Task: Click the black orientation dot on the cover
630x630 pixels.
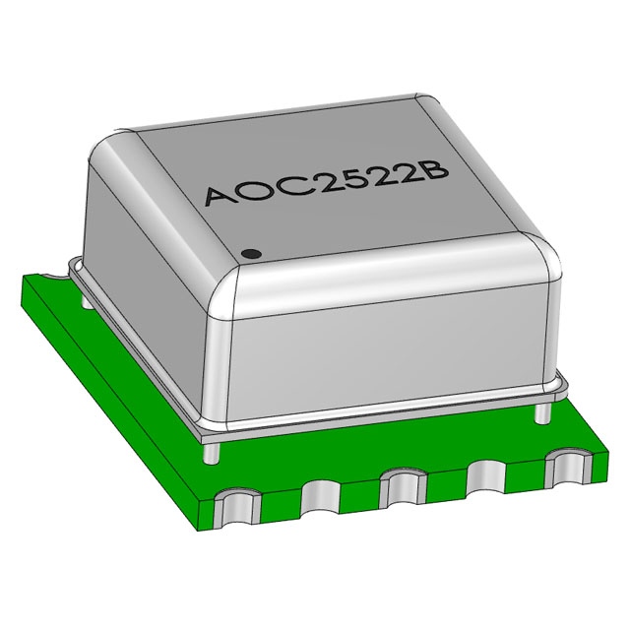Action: click(x=252, y=253)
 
